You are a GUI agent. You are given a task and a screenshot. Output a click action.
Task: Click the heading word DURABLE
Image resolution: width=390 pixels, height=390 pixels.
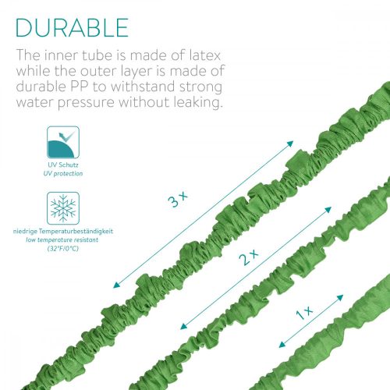[72, 27]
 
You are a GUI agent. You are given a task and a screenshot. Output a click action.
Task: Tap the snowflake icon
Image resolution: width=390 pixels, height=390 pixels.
[64, 208]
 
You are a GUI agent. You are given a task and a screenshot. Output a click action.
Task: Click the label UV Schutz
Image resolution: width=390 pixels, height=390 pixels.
[64, 166]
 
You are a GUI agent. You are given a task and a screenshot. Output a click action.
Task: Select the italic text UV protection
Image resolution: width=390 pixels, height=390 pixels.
[64, 174]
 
